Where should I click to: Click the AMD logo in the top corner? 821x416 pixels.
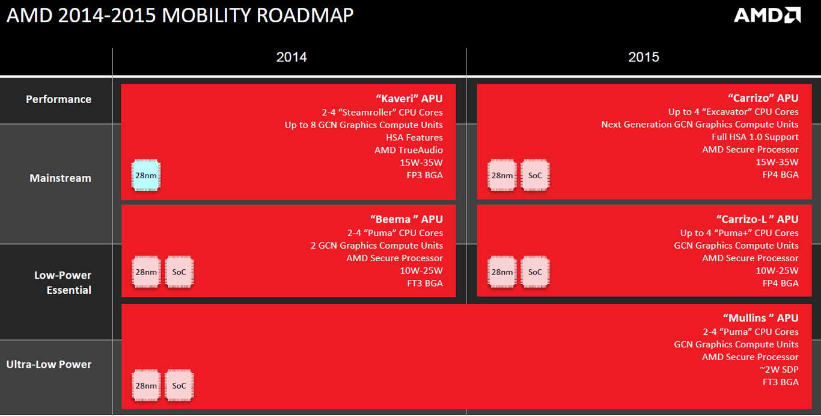click(767, 16)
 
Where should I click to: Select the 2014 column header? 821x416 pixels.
click(291, 57)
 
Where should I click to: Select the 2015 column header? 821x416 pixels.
click(644, 57)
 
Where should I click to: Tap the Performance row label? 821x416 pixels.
click(59, 99)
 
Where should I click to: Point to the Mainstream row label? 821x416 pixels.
click(61, 178)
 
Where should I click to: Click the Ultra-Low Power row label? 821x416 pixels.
click(49, 364)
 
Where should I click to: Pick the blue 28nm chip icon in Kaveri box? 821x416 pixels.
click(146, 175)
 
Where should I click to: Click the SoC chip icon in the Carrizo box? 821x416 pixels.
click(535, 175)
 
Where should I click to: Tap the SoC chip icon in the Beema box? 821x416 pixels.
click(179, 272)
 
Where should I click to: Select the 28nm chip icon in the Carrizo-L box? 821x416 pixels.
click(502, 272)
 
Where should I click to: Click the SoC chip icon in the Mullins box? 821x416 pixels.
click(179, 385)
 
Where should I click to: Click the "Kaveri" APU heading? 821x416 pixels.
click(409, 98)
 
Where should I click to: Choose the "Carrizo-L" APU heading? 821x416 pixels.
click(757, 219)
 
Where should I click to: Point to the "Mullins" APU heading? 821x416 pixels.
click(760, 318)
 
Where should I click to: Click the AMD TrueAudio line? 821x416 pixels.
click(409, 150)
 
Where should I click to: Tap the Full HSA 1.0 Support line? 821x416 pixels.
click(755, 137)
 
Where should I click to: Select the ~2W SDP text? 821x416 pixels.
click(779, 370)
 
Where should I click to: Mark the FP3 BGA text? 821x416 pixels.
click(425, 175)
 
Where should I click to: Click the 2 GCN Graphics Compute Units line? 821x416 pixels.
click(377, 245)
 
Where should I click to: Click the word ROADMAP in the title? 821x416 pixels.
click(305, 16)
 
